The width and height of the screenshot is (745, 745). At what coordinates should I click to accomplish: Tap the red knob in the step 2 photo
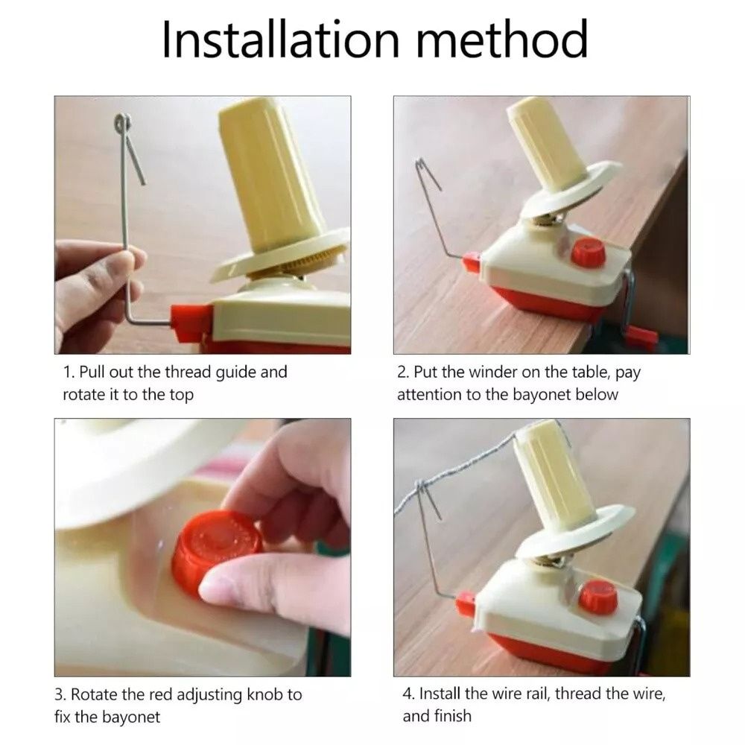pyautogui.click(x=589, y=253)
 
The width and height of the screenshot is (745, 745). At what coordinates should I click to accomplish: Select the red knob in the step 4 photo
pyautogui.click(x=598, y=597)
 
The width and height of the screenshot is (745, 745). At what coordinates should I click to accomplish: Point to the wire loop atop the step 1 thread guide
pyautogui.click(x=123, y=124)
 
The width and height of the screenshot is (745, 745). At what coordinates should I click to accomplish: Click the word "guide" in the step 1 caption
pyautogui.click(x=235, y=372)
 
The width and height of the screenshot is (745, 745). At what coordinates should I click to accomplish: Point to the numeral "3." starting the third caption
pyautogui.click(x=60, y=694)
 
